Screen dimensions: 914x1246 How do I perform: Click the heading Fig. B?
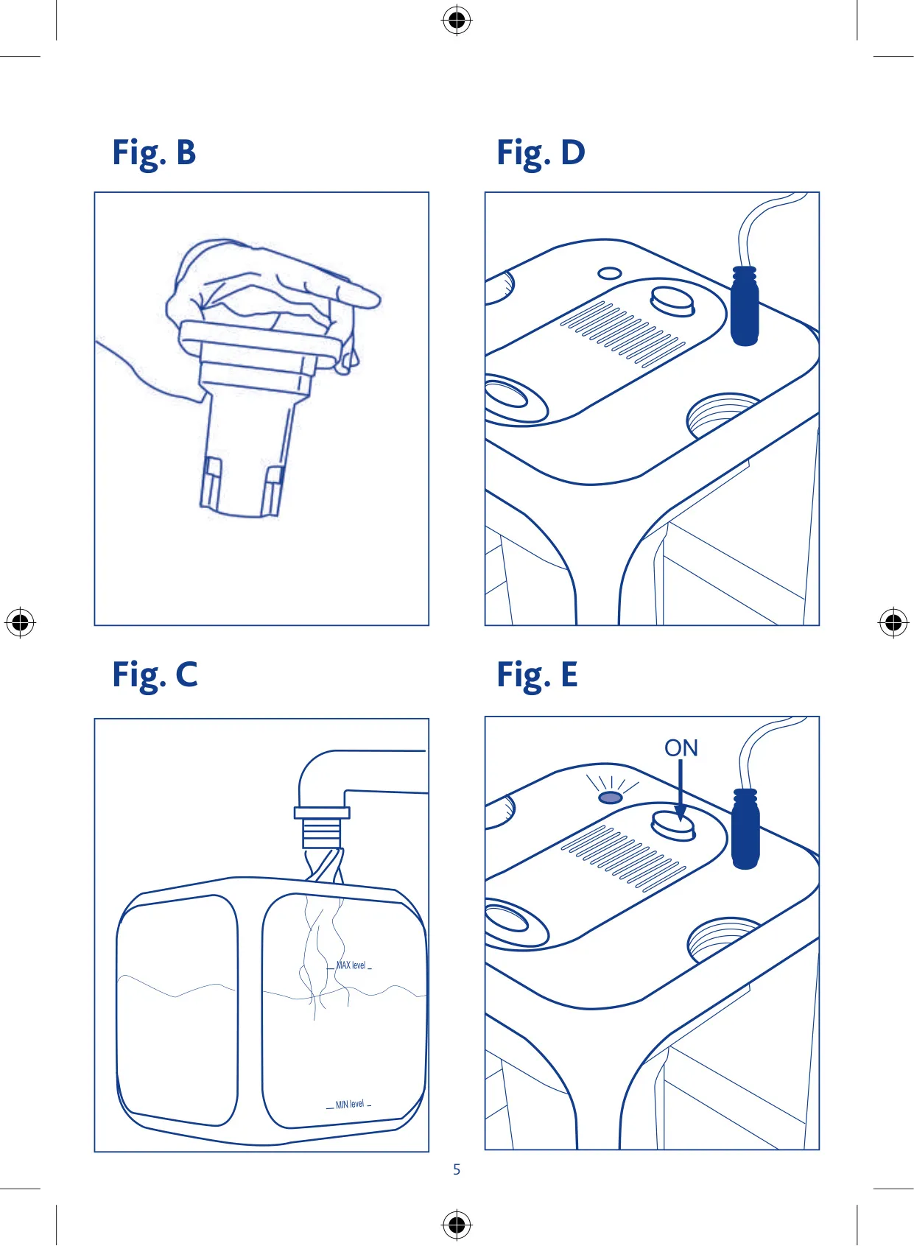154,153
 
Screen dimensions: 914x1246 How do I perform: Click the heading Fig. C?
155,675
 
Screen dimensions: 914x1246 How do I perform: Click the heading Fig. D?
541,153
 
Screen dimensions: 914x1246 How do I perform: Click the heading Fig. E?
537,675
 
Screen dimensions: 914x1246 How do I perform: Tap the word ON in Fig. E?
681,748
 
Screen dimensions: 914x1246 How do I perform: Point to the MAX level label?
351,965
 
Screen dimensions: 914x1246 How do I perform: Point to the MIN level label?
350,1104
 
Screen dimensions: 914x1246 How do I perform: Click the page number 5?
457,1169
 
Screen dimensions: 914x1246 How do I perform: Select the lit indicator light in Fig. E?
611,798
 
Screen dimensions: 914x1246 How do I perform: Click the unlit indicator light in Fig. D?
610,273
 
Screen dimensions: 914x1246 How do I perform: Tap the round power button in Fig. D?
672,301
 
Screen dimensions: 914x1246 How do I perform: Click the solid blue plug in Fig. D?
745,306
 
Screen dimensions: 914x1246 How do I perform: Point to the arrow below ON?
681,790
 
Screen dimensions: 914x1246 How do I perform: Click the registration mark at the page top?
457,21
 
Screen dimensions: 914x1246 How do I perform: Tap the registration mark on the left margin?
20,622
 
